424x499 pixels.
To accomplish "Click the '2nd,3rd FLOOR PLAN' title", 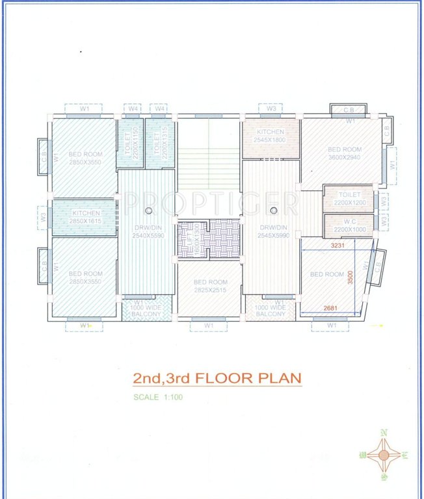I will pos(217,378).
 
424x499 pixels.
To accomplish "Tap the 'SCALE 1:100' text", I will pos(158,397).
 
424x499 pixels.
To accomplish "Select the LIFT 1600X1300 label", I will pos(194,238).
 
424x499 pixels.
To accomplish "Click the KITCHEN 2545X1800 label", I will pos(270,136).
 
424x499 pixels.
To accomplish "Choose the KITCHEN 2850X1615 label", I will pos(85,217).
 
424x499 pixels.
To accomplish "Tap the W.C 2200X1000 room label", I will pos(349,225).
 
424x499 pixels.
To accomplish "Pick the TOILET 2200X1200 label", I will pos(349,198).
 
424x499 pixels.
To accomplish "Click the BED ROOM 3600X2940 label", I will pos(344,153).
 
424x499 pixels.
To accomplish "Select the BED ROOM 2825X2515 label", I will pos(209,286).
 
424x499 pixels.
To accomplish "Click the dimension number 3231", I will pos(341,246).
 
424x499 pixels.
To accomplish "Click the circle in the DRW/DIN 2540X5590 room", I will pos(149,209).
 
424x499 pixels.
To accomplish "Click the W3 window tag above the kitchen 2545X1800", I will pos(271,108).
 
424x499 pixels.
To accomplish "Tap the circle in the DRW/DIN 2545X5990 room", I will pos(274,209).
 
